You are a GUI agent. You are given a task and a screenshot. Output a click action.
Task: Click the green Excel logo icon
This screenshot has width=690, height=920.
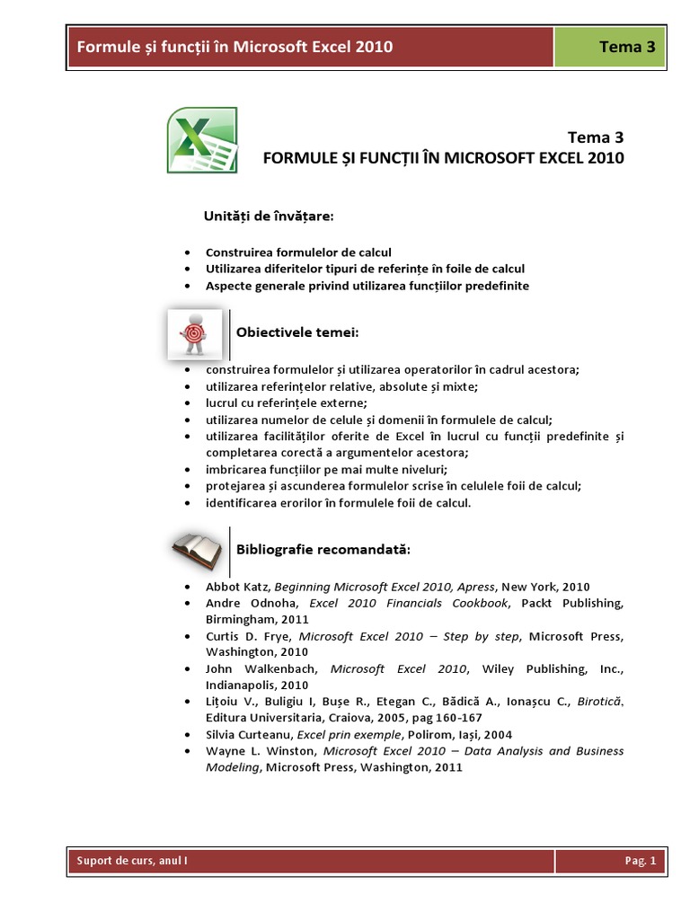(202, 140)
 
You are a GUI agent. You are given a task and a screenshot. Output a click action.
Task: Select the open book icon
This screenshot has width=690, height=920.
(197, 550)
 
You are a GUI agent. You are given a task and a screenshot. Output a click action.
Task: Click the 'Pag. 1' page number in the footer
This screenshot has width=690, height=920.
(641, 862)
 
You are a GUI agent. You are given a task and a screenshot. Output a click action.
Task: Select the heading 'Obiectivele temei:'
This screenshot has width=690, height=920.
(297, 333)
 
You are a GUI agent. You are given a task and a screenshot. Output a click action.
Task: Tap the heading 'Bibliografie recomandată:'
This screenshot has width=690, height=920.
(323, 548)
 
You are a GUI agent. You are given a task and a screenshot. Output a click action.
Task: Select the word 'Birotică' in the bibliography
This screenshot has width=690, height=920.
(599, 702)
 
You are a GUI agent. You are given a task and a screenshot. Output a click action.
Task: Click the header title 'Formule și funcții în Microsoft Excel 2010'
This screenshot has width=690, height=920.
(234, 48)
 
